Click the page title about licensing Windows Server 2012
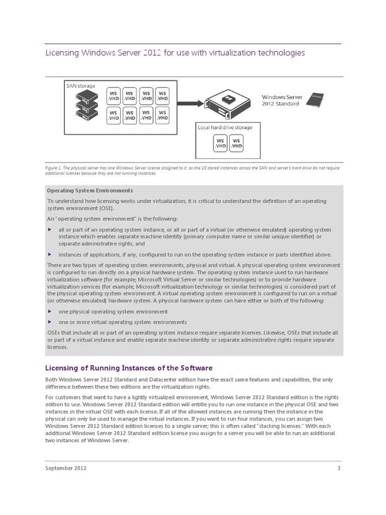click(x=175, y=52)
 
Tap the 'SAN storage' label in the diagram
click(x=80, y=86)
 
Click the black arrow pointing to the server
click(x=188, y=103)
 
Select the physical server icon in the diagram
click(x=229, y=104)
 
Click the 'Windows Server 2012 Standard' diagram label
click(x=280, y=100)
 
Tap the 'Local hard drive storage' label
click(x=225, y=127)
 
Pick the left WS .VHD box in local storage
click(x=220, y=142)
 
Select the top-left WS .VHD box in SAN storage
click(x=114, y=96)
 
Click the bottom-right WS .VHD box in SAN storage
click(x=162, y=115)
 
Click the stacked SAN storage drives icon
click(x=85, y=107)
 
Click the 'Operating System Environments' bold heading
click(x=89, y=191)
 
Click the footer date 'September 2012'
click(x=66, y=468)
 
